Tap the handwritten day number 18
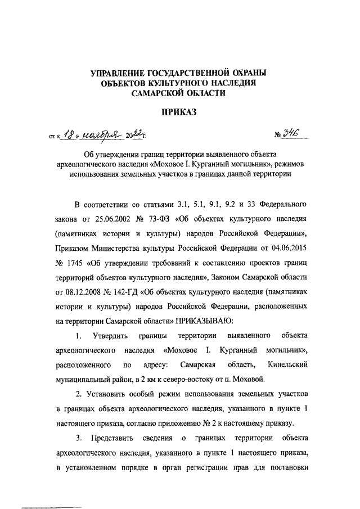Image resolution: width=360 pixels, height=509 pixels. (x=68, y=134)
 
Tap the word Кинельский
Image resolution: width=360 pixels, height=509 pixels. (x=287, y=365)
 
